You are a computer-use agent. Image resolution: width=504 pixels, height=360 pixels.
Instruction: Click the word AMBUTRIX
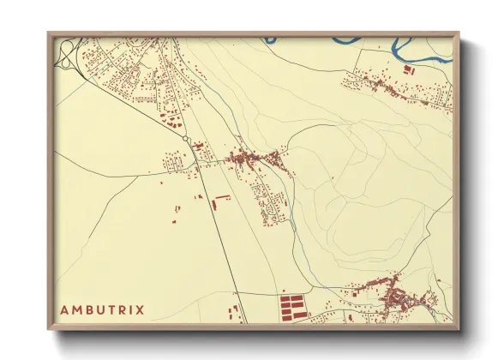102,309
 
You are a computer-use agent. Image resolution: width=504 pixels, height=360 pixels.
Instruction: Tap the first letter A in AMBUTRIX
63,309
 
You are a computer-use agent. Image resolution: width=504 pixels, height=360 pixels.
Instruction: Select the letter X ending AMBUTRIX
141,309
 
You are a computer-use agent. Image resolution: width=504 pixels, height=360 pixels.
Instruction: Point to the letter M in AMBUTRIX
75,309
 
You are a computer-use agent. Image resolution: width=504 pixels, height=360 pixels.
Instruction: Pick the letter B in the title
88,309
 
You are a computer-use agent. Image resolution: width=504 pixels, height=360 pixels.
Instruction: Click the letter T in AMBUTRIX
111,309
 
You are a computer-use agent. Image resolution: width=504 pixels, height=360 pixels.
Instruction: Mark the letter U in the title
100,309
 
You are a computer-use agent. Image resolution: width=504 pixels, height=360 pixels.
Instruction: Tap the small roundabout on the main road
186,138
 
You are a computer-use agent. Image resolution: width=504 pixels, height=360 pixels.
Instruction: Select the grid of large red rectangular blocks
292,306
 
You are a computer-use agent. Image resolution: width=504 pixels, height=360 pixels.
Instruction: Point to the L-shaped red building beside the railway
221,199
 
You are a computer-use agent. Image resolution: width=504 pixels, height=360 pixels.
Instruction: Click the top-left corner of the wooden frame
49,33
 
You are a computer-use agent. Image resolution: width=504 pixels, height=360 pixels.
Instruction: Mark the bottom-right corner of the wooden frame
459,330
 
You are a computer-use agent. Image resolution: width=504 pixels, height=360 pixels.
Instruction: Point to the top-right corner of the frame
459,33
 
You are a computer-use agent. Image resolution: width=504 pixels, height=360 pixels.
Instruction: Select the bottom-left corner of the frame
49,330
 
